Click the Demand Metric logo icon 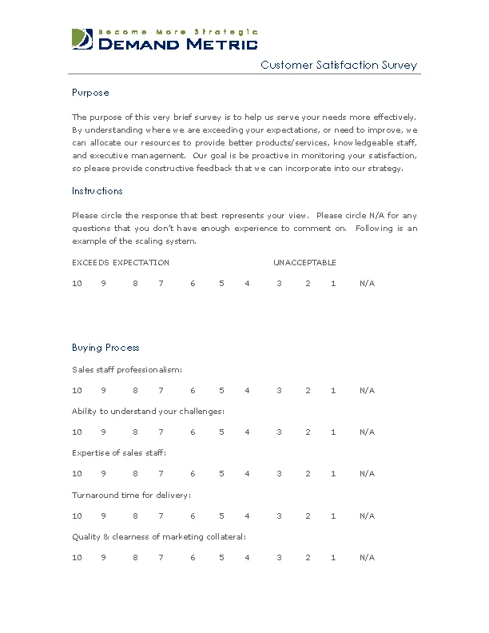[x=81, y=39]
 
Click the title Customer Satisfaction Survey [x=339, y=66]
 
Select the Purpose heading [x=90, y=93]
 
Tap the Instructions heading [x=97, y=191]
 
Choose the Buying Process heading [x=105, y=348]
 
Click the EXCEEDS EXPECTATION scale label [x=121, y=263]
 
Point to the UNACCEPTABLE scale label [x=304, y=263]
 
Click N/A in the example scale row [x=367, y=284]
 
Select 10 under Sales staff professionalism [x=78, y=391]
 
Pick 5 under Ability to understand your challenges [x=221, y=432]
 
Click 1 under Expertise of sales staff [x=333, y=474]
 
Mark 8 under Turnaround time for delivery [x=135, y=516]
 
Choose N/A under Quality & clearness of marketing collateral [x=367, y=558]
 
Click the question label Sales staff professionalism [x=127, y=370]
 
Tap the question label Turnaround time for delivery [x=131, y=496]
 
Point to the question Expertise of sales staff [x=119, y=453]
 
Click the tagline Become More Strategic [x=177, y=31]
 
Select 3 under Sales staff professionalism [x=279, y=391]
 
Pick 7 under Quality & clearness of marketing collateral [x=161, y=558]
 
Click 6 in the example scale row [x=193, y=284]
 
